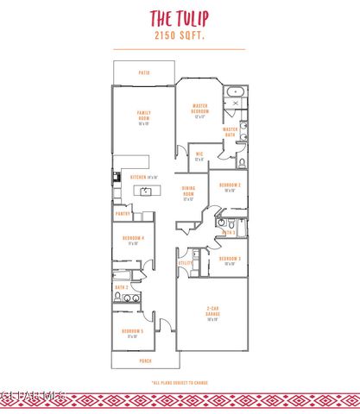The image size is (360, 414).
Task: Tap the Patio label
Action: (x=144, y=73)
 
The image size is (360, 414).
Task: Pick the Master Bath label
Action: (x=231, y=131)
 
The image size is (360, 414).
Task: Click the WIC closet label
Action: (x=199, y=157)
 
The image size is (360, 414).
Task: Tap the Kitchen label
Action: (x=142, y=176)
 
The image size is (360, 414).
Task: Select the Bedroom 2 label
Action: (x=229, y=186)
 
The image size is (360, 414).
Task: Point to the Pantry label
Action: (x=123, y=213)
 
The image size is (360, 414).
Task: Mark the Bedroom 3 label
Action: (x=229, y=260)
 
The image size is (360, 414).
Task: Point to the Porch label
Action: (x=145, y=361)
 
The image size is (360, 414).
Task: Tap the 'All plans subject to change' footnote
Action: (x=180, y=380)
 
